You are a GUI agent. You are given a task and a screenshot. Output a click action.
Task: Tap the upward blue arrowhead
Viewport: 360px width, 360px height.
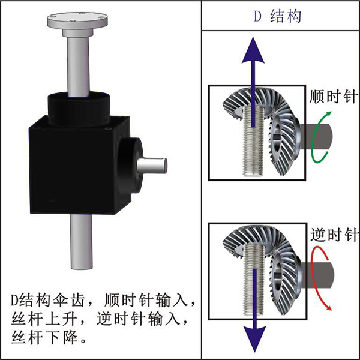[x=253, y=49]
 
